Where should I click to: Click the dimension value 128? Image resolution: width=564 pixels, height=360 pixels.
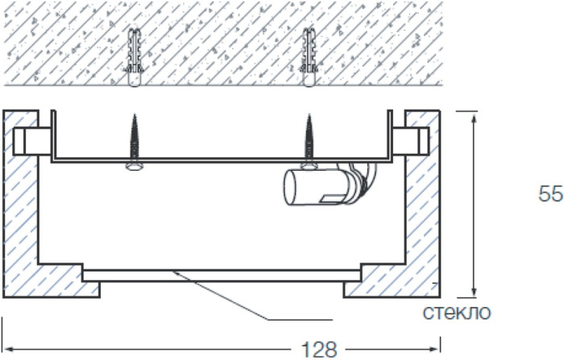(x=319, y=349)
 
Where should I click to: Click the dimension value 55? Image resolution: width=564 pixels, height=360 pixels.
(x=550, y=194)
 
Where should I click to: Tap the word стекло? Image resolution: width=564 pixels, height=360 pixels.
(x=457, y=312)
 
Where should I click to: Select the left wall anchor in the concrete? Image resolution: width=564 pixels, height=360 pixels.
(x=135, y=57)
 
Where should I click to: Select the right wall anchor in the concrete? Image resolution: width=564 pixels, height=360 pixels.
(x=309, y=57)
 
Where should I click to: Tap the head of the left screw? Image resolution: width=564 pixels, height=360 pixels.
(x=135, y=167)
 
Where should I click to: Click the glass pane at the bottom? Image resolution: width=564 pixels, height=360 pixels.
(x=222, y=276)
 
